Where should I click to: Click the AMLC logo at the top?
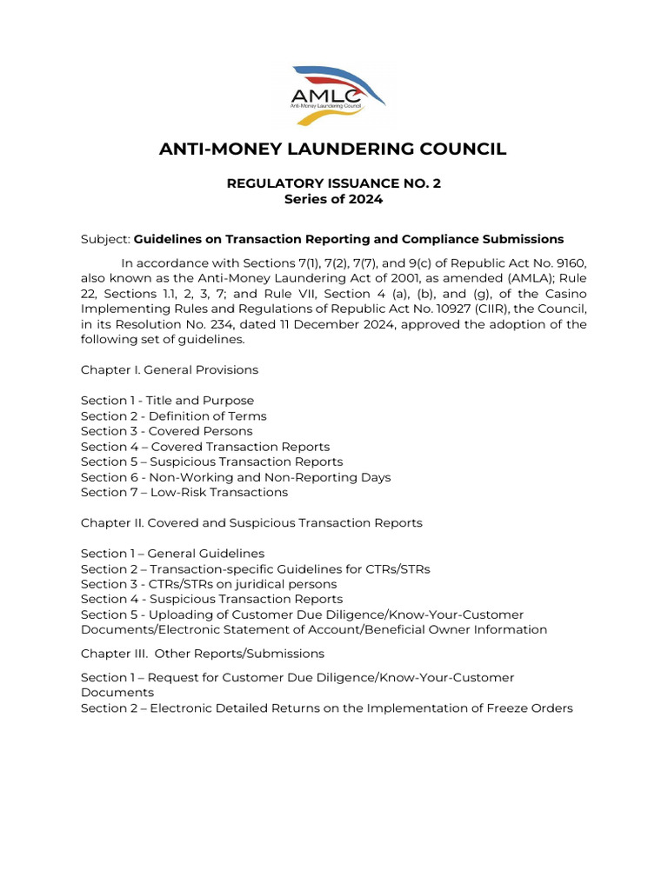[x=333, y=94]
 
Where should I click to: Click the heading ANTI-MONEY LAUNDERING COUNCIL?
[x=333, y=149]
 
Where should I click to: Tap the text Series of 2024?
[x=333, y=199]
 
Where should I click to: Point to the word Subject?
[x=105, y=239]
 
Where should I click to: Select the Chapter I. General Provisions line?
[x=170, y=370]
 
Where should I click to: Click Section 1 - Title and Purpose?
[x=167, y=401]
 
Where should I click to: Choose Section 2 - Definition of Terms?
[x=173, y=416]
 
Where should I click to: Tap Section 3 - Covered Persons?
[x=166, y=431]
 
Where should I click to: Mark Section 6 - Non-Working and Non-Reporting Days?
[x=236, y=477]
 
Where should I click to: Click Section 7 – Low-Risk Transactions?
[x=184, y=493]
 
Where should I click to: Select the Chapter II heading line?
[x=251, y=523]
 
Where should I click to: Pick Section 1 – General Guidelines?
[x=172, y=554]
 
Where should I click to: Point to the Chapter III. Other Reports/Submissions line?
[x=203, y=654]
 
